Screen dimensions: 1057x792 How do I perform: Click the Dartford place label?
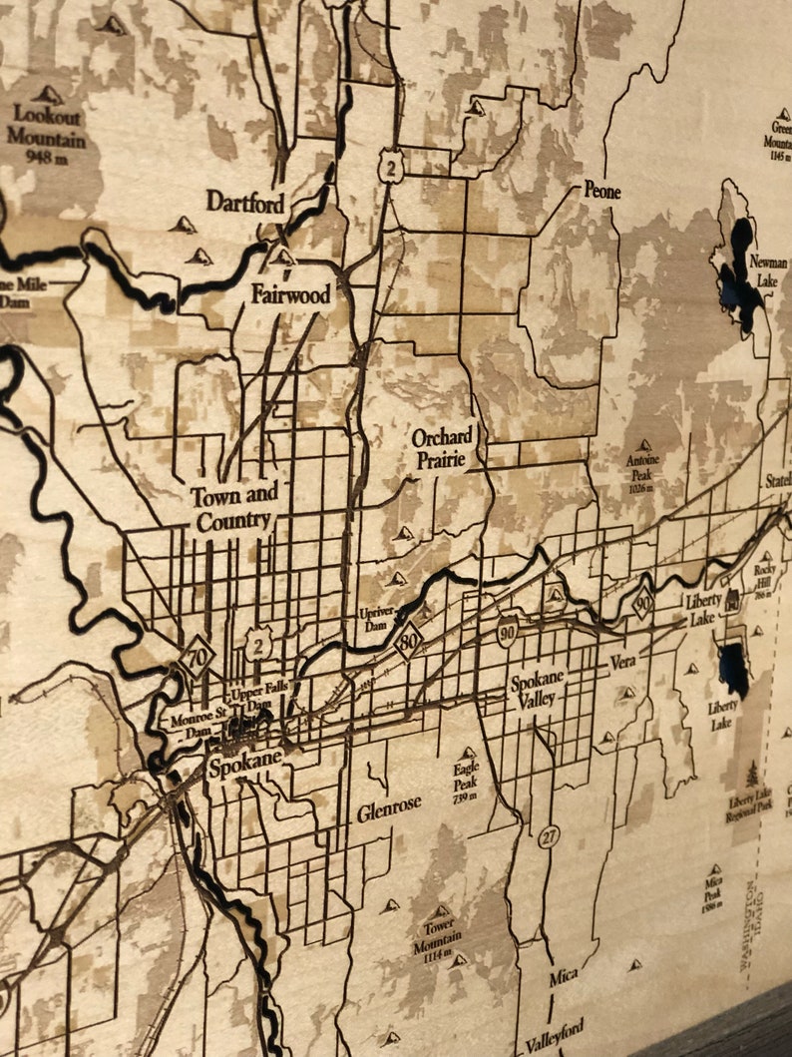tap(245, 202)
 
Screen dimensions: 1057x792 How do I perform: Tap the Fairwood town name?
tap(290, 295)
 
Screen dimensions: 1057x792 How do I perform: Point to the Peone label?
tap(601, 190)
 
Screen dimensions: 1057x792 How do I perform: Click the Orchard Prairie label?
tap(443, 447)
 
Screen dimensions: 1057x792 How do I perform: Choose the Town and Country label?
tap(234, 507)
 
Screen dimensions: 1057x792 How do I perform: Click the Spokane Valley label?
tap(537, 689)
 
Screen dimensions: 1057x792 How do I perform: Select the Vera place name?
tap(622, 661)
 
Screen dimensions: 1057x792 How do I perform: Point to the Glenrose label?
tap(389, 806)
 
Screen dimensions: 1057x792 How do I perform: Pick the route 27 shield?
tap(549, 836)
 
